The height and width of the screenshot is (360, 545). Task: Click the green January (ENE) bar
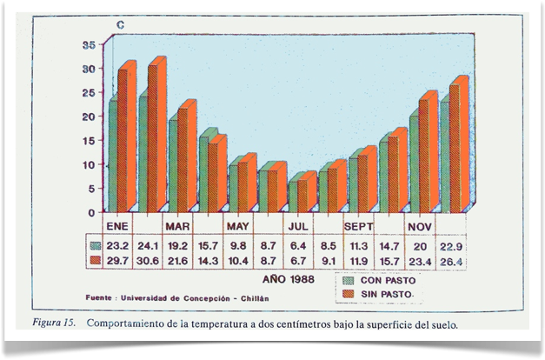click(x=113, y=157)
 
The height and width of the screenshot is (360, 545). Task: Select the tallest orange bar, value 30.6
click(x=156, y=139)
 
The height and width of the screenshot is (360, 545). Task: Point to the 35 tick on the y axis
click(x=90, y=44)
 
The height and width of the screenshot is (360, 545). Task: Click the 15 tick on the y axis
click(x=90, y=140)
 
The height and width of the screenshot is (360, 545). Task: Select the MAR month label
click(x=177, y=225)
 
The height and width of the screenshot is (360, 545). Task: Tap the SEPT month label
click(x=357, y=225)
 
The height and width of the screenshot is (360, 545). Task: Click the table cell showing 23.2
click(x=118, y=245)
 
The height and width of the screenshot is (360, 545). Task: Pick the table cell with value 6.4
click(x=298, y=245)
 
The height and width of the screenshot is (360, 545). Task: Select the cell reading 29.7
click(x=118, y=260)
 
